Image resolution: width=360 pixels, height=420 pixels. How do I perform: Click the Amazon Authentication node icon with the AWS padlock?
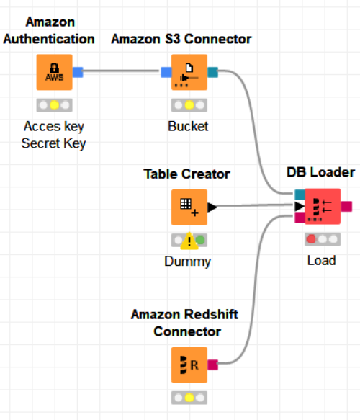point(54,72)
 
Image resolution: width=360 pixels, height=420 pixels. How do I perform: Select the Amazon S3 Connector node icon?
point(189,72)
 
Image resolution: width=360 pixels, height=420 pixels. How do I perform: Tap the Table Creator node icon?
point(189,207)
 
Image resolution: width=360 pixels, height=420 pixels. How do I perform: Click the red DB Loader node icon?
point(323,207)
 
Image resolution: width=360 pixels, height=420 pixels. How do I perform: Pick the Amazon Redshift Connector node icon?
point(189,365)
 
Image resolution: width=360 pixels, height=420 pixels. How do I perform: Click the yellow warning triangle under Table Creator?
point(189,241)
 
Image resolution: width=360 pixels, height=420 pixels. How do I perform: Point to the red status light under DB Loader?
point(311,239)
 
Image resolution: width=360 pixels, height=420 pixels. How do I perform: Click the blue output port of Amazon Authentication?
point(78,72)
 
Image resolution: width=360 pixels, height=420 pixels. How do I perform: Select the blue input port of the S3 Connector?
point(166,72)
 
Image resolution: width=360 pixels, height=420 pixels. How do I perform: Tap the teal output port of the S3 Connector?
point(213,72)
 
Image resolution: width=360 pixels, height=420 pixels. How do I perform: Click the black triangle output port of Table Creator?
point(212,207)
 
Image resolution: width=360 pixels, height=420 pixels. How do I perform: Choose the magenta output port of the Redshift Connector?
point(213,365)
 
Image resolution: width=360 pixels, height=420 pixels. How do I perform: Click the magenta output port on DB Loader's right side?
point(346,207)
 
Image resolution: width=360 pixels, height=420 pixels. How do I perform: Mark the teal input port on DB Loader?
point(300,195)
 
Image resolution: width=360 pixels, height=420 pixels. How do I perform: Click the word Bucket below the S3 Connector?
point(188,126)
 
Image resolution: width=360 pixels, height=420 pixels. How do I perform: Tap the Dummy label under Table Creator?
point(188,262)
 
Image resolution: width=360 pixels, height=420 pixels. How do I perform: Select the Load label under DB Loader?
point(321,260)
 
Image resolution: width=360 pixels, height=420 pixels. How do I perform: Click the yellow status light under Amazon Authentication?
point(54,105)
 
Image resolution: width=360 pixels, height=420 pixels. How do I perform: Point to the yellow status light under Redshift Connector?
point(189,398)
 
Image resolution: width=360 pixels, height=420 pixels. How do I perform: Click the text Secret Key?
point(53,143)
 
